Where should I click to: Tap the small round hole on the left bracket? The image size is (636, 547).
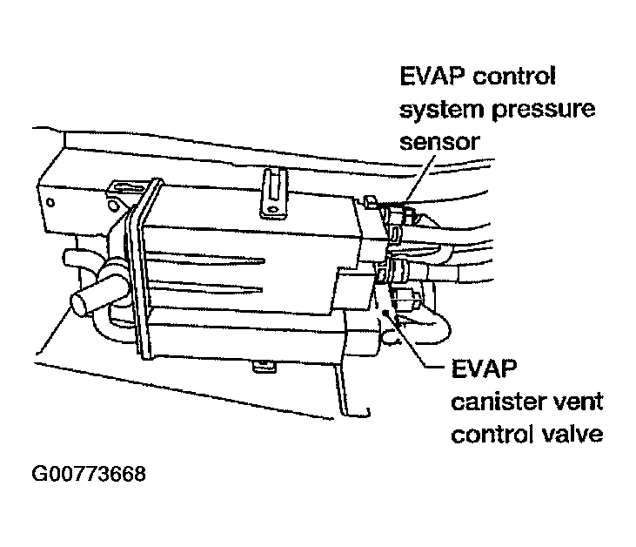tap(51, 203)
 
